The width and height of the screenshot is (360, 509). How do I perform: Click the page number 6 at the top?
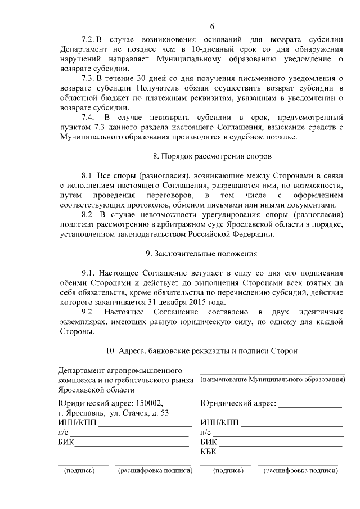pos(212,26)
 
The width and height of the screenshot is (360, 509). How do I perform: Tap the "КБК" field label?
pos(208,452)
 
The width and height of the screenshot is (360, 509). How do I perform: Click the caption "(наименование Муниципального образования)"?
pos(272,380)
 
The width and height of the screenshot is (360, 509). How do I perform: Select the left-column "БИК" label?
pos(66,442)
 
